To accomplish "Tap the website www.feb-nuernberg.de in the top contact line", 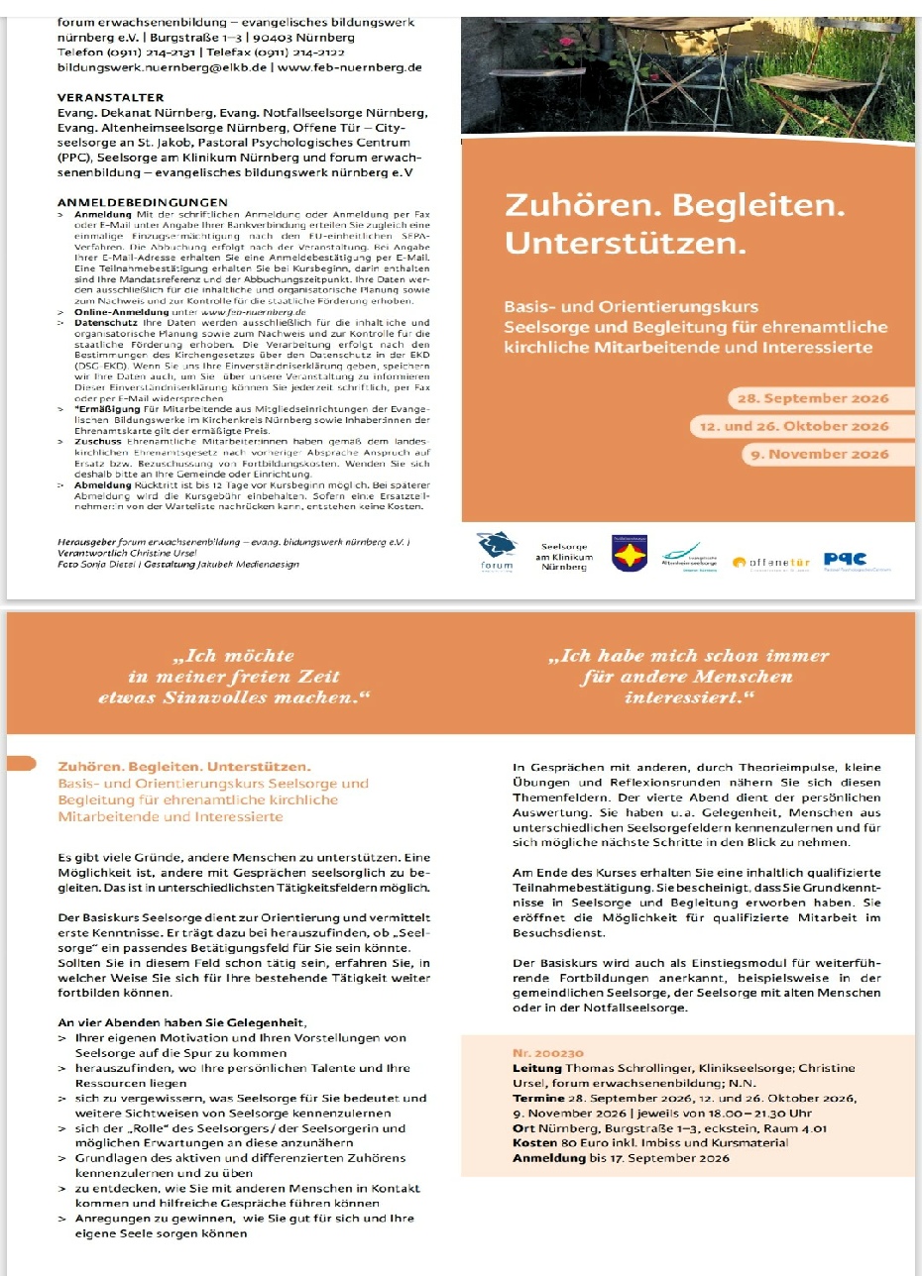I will pyautogui.click(x=350, y=68).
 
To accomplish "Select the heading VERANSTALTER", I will pyautogui.click(x=110, y=98).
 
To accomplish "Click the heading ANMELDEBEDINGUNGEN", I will pyautogui.click(x=137, y=202).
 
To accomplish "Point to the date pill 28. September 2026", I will pyautogui.click(x=808, y=399).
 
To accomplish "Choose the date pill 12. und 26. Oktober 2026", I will pyautogui.click(x=789, y=426).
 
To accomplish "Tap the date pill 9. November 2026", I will pyautogui.click(x=816, y=454).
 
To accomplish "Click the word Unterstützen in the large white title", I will pyautogui.click(x=625, y=242).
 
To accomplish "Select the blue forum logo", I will pyautogui.click(x=498, y=547).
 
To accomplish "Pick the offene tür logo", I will pyautogui.click(x=771, y=563).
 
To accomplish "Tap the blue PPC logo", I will pyautogui.click(x=845, y=559).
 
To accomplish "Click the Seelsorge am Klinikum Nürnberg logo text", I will pyautogui.click(x=564, y=557).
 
